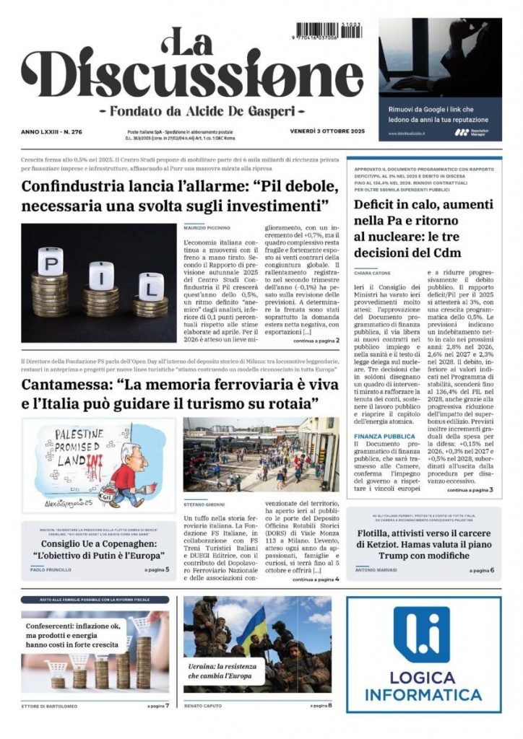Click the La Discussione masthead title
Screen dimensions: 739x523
(x=191, y=69)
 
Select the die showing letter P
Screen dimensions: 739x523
(x=51, y=261)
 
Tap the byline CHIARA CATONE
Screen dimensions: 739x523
(x=372, y=273)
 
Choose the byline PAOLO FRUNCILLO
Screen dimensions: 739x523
(x=51, y=569)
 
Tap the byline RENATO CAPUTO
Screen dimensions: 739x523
(x=205, y=705)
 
